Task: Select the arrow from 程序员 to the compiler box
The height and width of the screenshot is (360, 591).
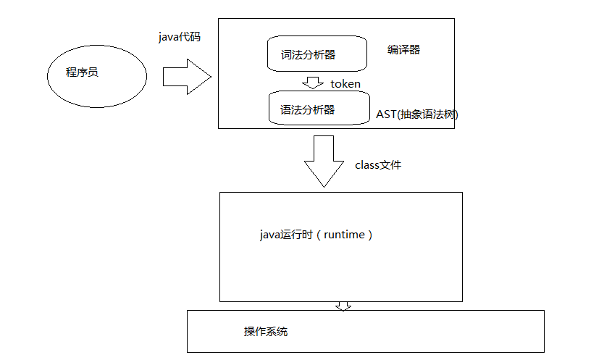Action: pyautogui.click(x=186, y=77)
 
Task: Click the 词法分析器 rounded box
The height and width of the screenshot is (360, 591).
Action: pyautogui.click(x=312, y=54)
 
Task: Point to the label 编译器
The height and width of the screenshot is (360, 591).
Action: pyautogui.click(x=403, y=50)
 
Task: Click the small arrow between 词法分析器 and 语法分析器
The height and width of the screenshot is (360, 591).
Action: pyautogui.click(x=313, y=83)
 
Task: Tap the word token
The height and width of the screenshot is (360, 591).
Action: pyautogui.click(x=345, y=83)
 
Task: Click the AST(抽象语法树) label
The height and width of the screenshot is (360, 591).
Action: pyautogui.click(x=417, y=114)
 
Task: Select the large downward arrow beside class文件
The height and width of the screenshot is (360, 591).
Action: pyautogui.click(x=323, y=161)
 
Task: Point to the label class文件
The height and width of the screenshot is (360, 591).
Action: pyautogui.click(x=377, y=165)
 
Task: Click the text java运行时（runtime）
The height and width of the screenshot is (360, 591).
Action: pyautogui.click(x=316, y=235)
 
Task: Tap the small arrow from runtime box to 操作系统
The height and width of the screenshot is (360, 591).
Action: pyautogui.click(x=343, y=306)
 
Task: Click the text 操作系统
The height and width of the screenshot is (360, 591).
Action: pyautogui.click(x=266, y=331)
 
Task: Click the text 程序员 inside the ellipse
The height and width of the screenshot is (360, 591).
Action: pyautogui.click(x=82, y=74)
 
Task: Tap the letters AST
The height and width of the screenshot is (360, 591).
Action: pyautogui.click(x=385, y=114)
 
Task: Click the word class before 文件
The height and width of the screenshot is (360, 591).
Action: pyautogui.click(x=366, y=165)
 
